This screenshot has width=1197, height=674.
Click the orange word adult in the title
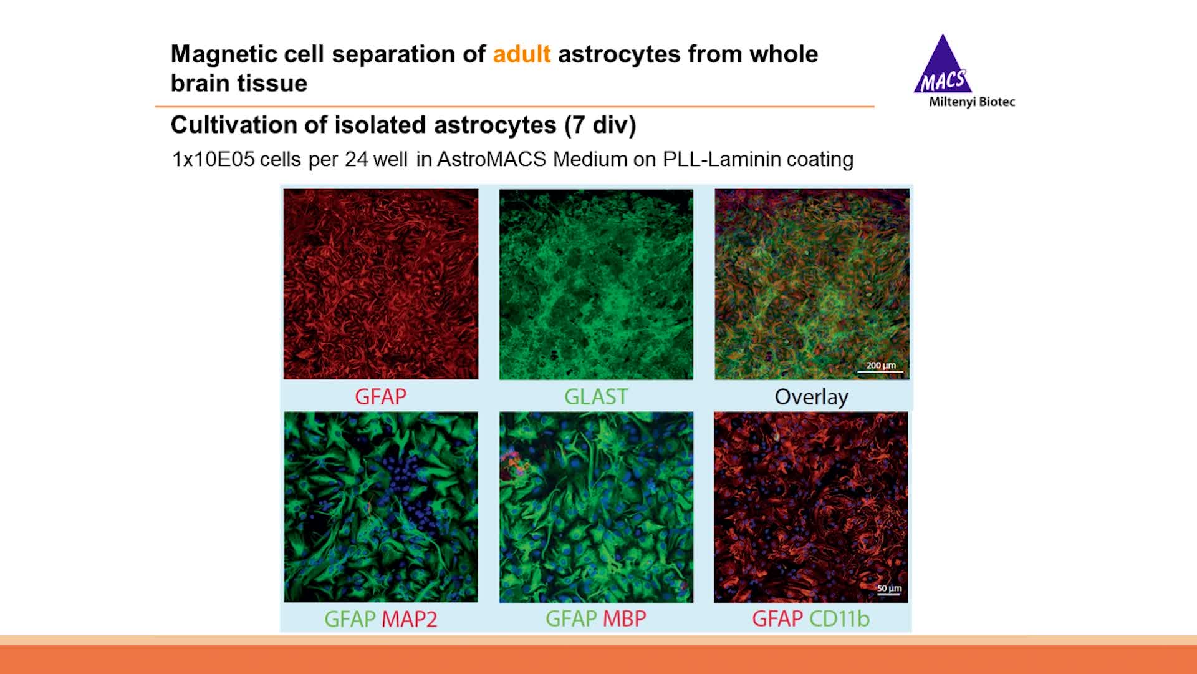(521, 54)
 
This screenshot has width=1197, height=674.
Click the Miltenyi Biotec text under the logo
(971, 102)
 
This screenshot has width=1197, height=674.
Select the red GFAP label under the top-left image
(380, 396)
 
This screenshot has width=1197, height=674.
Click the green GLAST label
(596, 396)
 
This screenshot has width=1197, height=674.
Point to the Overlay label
(811, 397)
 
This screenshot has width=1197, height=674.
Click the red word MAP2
(409, 619)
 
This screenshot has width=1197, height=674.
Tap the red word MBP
(624, 618)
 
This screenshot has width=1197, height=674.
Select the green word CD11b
(839, 618)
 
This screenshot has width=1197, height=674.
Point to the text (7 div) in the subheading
(600, 125)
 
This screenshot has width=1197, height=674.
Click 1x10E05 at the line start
(213, 159)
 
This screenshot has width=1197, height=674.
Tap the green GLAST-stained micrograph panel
(596, 284)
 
